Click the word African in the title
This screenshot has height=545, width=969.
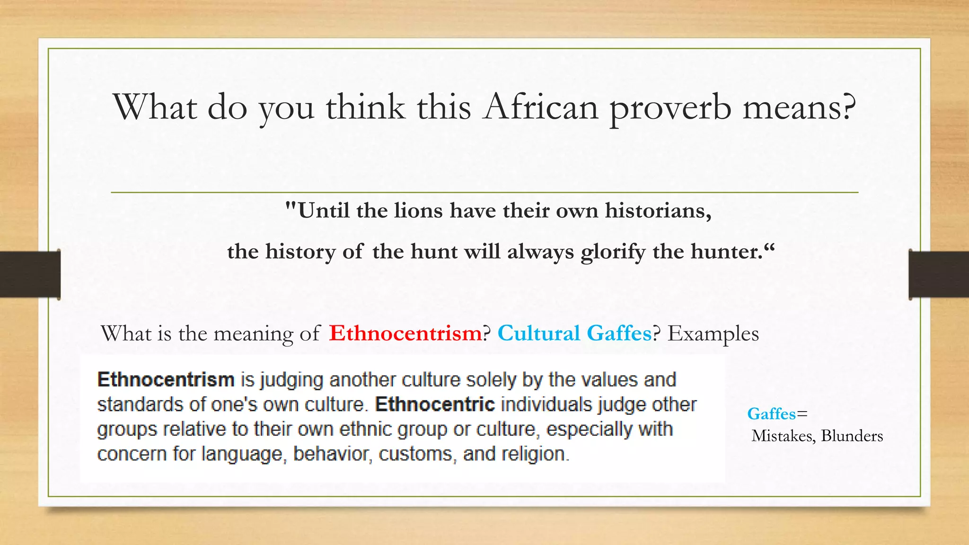pyautogui.click(x=541, y=107)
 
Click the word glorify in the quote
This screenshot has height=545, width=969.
pyautogui.click(x=613, y=252)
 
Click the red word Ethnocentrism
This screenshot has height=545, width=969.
pyautogui.click(x=405, y=334)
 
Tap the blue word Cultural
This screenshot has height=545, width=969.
pyautogui.click(x=538, y=334)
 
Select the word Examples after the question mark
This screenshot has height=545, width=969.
pyautogui.click(x=713, y=334)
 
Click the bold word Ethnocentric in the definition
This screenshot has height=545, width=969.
pyautogui.click(x=435, y=404)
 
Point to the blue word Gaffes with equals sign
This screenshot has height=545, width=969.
pyautogui.click(x=772, y=414)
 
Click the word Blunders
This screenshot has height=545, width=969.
pyautogui.click(x=852, y=436)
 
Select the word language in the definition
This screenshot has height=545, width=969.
pyautogui.click(x=242, y=454)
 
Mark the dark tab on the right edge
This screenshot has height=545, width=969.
pyautogui.click(x=939, y=274)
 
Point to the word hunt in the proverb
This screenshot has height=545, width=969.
pyautogui.click(x=430, y=252)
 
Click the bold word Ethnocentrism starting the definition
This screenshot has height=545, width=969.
pyautogui.click(x=166, y=380)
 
